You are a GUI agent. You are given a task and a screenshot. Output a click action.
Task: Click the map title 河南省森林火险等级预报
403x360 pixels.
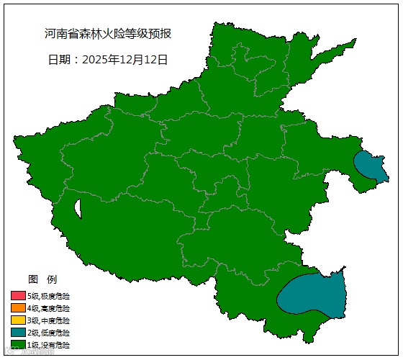[108, 34]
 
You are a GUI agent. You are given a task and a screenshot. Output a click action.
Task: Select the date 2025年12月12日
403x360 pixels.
[126, 60]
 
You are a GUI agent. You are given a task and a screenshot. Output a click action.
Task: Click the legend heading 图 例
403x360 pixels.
[42, 279]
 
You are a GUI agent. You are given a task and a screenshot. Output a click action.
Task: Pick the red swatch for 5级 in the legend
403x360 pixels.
[18, 296]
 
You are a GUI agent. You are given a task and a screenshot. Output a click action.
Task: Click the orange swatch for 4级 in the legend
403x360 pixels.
[18, 308]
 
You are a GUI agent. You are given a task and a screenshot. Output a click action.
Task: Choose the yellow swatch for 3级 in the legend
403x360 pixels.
[18, 320]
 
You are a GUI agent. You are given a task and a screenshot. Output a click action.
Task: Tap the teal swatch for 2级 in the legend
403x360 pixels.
[18, 333]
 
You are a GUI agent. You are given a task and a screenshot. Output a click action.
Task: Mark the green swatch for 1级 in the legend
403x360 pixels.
[18, 345]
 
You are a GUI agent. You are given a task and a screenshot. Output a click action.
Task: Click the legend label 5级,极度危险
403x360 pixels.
[49, 296]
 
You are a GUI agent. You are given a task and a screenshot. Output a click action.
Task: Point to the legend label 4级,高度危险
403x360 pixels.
[49, 308]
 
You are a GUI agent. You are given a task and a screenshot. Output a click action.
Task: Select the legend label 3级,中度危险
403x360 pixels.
[49, 320]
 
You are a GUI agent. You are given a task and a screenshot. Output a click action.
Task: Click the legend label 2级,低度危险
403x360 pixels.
[49, 333]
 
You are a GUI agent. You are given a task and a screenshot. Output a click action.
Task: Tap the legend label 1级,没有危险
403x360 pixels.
[49, 345]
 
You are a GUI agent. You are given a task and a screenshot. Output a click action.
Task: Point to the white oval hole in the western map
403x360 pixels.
[78, 208]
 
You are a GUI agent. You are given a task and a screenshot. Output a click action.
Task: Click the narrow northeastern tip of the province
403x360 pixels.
[350, 44]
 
